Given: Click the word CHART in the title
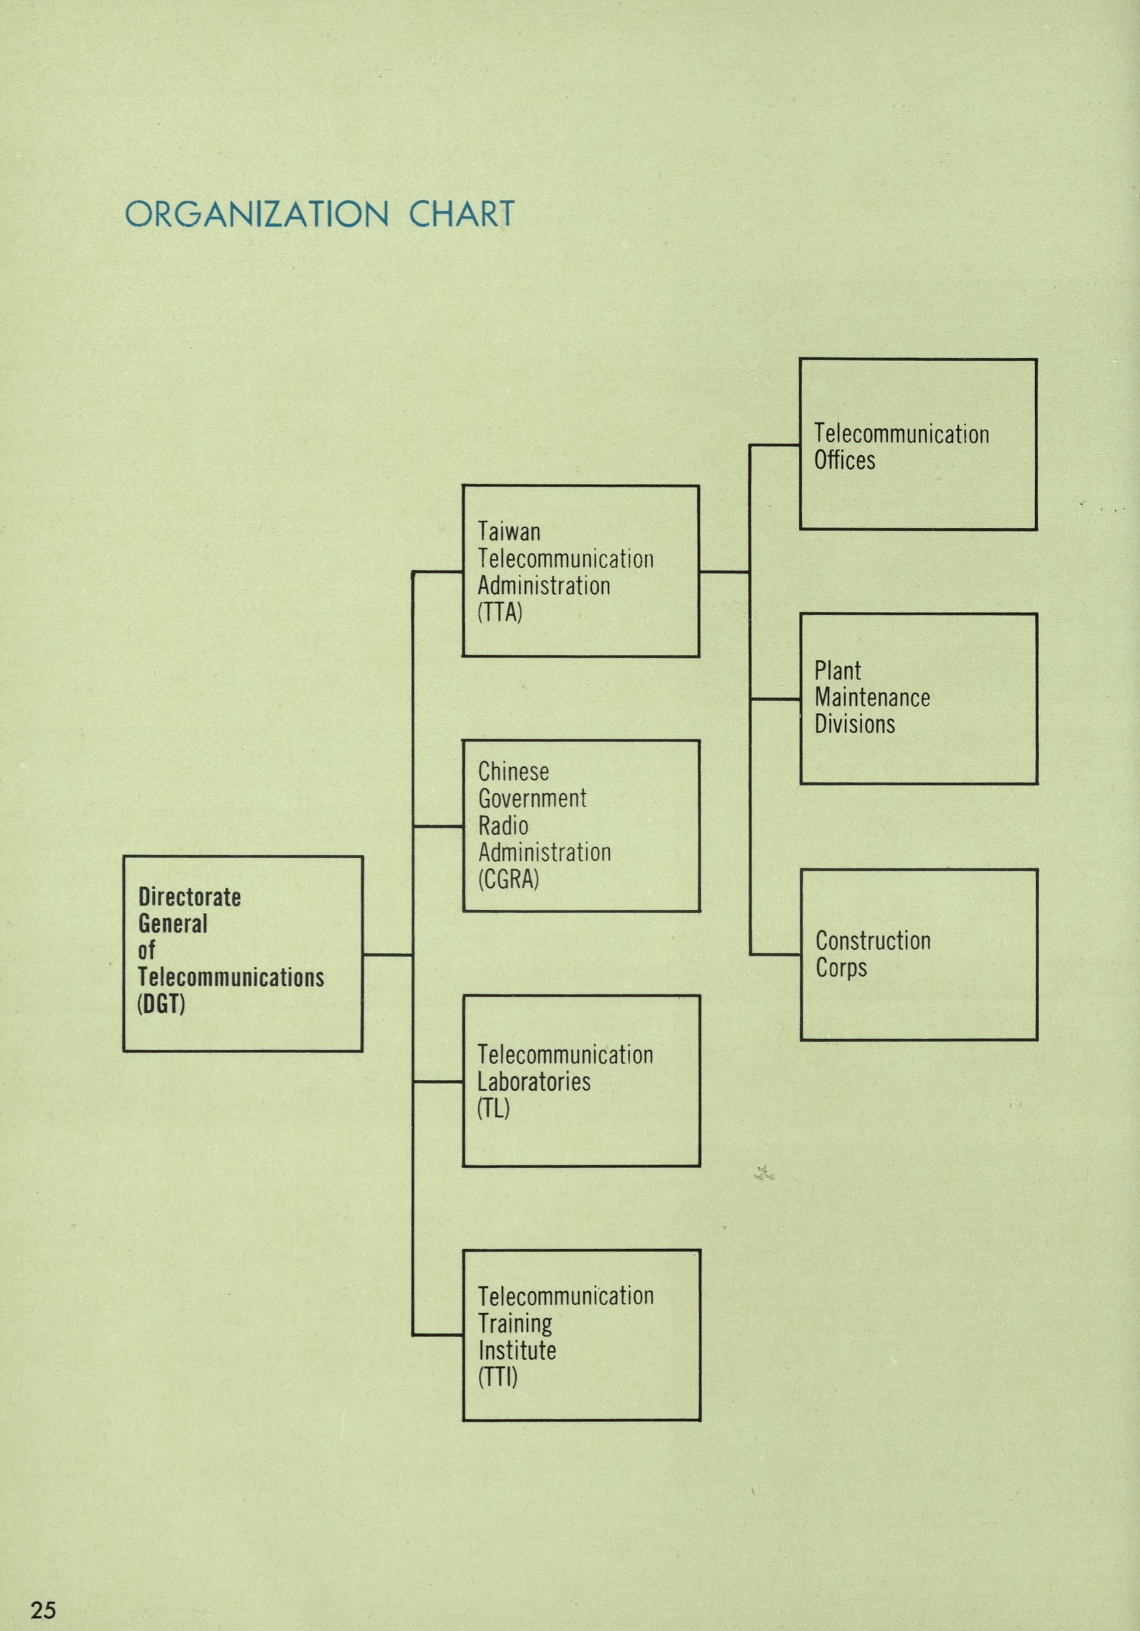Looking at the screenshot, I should [462, 214].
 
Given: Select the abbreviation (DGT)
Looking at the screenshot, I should [161, 1004].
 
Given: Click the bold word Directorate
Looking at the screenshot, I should [190, 897].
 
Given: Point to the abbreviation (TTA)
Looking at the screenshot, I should [500, 612].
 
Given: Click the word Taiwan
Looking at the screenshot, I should [509, 532].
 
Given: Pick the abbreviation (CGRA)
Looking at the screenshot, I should [509, 879].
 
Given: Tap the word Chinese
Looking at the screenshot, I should [513, 772].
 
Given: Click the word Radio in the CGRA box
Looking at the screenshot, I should [503, 826].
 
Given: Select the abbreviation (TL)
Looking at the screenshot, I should [493, 1108].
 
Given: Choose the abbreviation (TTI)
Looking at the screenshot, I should [497, 1377].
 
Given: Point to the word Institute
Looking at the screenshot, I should [517, 1350].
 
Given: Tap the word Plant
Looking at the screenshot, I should [837, 671].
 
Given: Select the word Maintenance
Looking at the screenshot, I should [872, 698].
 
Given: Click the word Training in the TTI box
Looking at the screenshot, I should [514, 1323].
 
